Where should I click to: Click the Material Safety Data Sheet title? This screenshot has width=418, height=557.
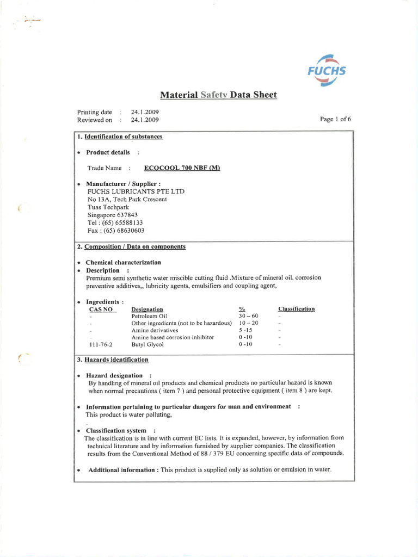click(x=218, y=95)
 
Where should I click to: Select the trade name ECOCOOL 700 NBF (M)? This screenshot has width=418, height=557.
click(x=182, y=168)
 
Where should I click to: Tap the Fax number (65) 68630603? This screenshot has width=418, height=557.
click(x=115, y=230)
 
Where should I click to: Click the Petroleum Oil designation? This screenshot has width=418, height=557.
click(x=149, y=315)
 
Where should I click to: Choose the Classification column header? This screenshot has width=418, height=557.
click(x=296, y=308)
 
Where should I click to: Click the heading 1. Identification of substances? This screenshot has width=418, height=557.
click(x=120, y=137)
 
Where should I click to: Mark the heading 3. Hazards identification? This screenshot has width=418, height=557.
click(x=113, y=360)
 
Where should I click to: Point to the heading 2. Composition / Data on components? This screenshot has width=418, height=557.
click(x=131, y=246)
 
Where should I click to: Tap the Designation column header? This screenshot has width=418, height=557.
click(x=147, y=308)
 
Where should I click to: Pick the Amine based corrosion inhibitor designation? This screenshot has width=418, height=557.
click(x=173, y=337)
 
